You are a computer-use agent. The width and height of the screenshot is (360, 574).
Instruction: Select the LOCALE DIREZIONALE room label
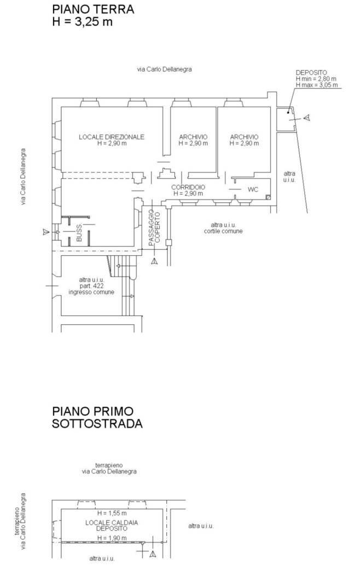(x=112, y=137)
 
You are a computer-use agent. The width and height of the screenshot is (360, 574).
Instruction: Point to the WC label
(x=253, y=190)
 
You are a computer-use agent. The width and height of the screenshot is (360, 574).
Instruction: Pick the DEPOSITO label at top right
(x=311, y=72)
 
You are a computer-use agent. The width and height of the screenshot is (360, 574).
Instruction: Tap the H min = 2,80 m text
(x=316, y=79)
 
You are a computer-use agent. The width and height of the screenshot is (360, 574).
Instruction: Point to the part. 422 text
(x=91, y=286)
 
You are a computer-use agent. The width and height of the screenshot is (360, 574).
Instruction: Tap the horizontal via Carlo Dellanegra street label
(x=165, y=69)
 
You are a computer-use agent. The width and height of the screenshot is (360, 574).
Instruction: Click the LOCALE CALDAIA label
(x=112, y=523)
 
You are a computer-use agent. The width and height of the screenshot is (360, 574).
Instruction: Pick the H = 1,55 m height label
(x=112, y=513)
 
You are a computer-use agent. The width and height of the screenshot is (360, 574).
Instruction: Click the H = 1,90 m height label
(x=112, y=537)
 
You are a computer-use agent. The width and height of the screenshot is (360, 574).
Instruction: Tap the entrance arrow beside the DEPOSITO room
(x=307, y=118)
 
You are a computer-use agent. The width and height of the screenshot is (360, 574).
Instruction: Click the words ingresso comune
(x=91, y=292)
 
